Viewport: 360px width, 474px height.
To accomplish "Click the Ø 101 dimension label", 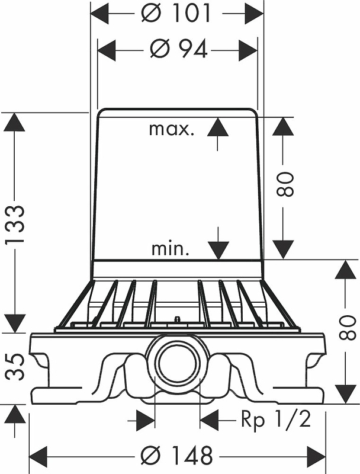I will click(x=176, y=13).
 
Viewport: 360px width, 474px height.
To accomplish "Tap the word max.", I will click(x=171, y=129).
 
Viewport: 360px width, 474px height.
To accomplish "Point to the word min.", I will click(x=171, y=249).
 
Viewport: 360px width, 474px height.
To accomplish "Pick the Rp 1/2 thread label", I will click(x=275, y=420).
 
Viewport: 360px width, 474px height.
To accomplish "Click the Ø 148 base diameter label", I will click(x=176, y=456).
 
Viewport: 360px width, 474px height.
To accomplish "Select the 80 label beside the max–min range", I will click(x=285, y=184).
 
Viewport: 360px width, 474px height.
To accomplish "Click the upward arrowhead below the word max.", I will click(x=218, y=126).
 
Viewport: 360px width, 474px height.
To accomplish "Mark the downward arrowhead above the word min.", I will click(x=218, y=250).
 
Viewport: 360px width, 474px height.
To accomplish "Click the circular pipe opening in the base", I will click(x=177, y=362).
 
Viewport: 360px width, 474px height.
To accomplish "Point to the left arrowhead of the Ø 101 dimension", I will click(x=99, y=13).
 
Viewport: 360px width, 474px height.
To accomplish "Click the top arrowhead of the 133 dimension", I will click(x=15, y=122).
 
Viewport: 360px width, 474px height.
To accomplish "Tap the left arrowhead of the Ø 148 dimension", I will click(x=38, y=456).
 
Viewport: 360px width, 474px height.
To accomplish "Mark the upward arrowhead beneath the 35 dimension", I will click(x=15, y=415).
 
